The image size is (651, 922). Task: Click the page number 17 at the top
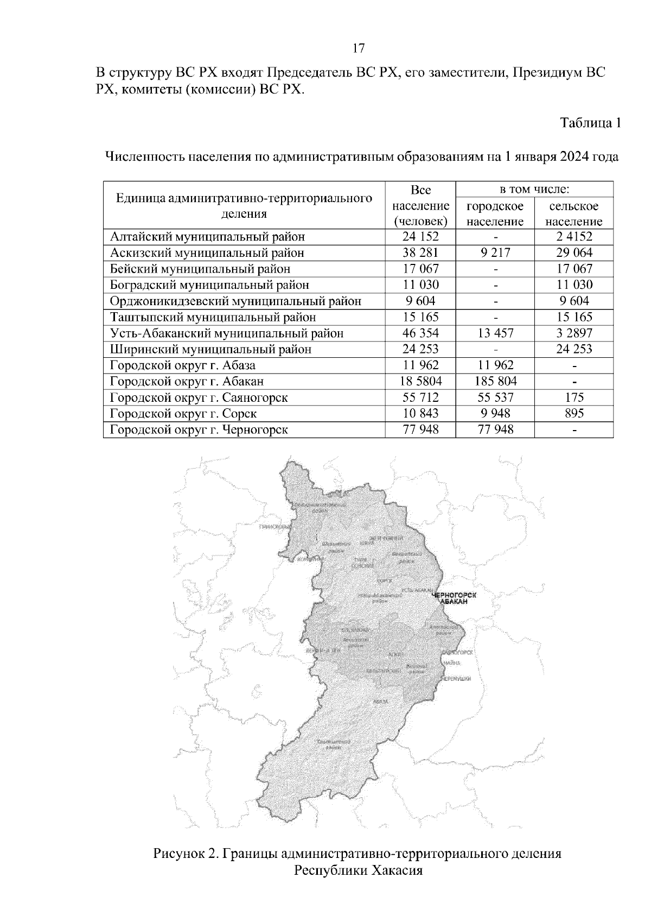[358, 48]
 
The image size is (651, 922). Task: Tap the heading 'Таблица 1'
[590, 123]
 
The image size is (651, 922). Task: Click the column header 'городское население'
[495, 213]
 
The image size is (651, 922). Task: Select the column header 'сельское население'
[573, 213]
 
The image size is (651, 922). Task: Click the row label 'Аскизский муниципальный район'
[207, 252]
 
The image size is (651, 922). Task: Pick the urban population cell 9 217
[495, 252]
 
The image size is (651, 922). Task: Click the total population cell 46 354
[420, 333]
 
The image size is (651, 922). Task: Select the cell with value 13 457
[495, 333]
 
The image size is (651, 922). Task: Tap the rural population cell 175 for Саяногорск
[573, 397]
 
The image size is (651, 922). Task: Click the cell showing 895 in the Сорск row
[573, 413]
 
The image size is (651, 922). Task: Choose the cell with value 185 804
[495, 381]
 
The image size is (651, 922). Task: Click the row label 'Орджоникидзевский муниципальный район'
[235, 301]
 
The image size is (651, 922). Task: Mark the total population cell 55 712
[420, 397]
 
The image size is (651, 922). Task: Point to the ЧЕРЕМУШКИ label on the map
[456, 679]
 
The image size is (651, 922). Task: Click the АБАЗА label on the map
[381, 702]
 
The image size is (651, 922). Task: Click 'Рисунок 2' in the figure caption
[185, 853]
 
